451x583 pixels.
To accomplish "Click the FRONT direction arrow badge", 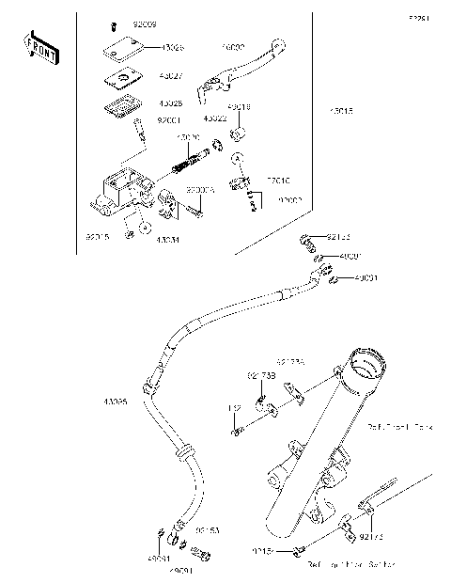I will [x=35, y=44].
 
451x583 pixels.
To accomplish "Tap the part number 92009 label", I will [x=146, y=21].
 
